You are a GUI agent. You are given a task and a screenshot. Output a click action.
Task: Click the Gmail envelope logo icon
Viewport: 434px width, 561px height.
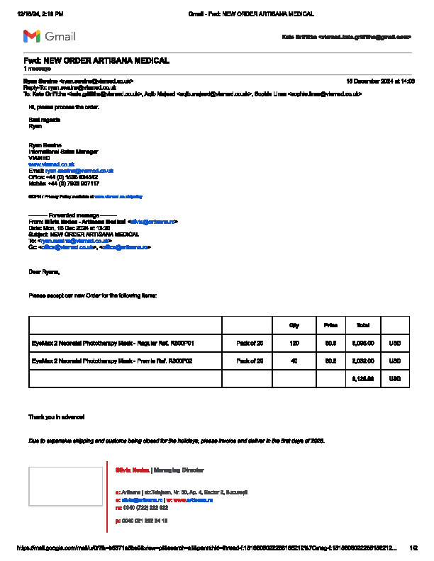pyautogui.click(x=31, y=36)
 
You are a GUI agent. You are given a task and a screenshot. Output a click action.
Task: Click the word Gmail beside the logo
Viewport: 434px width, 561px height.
pyautogui.click(x=60, y=36)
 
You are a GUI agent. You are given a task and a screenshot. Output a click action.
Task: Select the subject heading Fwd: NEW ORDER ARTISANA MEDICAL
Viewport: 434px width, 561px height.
pyautogui.click(x=96, y=61)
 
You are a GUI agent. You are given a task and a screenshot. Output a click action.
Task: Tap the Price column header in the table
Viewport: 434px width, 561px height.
pyautogui.click(x=330, y=325)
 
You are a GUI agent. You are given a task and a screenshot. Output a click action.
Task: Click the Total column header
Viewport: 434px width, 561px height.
pyautogui.click(x=363, y=325)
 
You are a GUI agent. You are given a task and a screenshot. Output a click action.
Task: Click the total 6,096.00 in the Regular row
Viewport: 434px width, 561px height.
pyautogui.click(x=363, y=343)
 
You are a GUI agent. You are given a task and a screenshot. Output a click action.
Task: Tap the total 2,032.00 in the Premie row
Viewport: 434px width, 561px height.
pyautogui.click(x=363, y=361)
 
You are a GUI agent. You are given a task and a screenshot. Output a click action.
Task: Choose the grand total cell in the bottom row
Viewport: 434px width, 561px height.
pyautogui.click(x=363, y=379)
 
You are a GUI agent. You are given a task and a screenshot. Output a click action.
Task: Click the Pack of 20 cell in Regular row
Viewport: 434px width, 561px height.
pyautogui.click(x=250, y=343)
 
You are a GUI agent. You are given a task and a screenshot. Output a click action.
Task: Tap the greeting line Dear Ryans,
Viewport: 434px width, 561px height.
pyautogui.click(x=44, y=271)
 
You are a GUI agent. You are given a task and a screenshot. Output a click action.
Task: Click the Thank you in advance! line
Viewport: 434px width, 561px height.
pyautogui.click(x=56, y=416)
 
